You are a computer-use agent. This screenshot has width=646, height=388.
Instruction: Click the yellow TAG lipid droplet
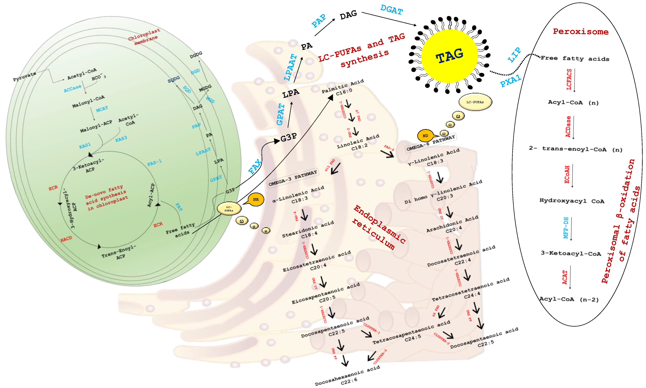449,56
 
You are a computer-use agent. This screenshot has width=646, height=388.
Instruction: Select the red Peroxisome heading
580,32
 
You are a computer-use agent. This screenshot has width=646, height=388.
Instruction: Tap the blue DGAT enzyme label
391,10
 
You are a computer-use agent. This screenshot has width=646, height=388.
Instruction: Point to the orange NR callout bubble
256,200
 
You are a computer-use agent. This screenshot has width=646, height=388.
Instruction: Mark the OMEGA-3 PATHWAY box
293,177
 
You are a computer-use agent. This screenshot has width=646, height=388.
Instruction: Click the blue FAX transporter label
255,166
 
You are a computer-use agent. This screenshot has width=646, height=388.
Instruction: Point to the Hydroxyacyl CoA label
572,201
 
